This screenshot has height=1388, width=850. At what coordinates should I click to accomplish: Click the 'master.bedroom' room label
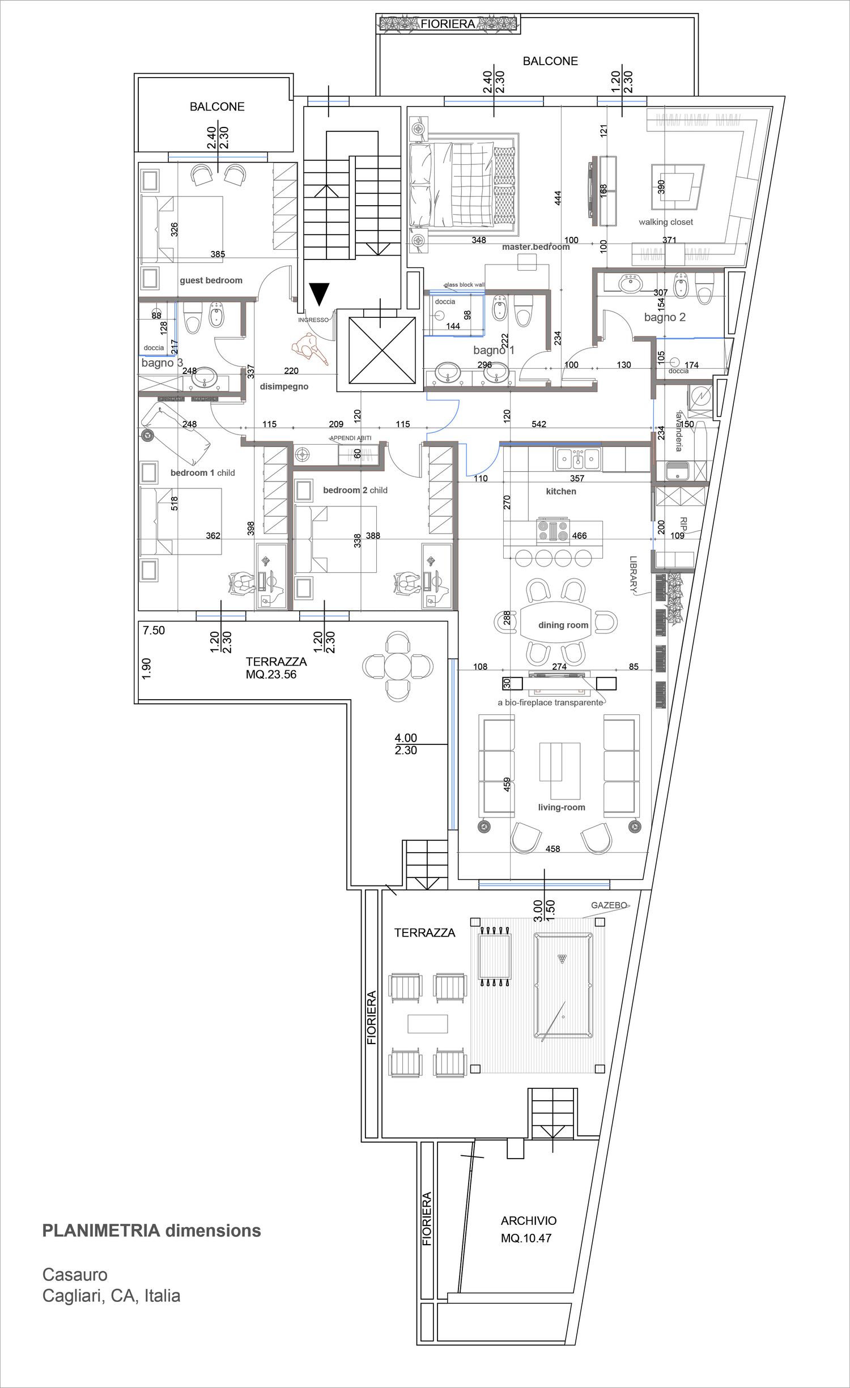coord(535,247)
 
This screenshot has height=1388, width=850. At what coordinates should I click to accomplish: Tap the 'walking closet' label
coord(665,222)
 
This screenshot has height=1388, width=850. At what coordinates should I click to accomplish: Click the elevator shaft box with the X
coord(382,350)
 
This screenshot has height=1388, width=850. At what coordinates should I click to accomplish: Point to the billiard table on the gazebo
coord(563,986)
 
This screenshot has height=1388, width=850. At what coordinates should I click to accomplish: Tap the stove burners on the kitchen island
coord(552,531)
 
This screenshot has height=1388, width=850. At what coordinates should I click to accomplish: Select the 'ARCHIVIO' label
coord(528,1221)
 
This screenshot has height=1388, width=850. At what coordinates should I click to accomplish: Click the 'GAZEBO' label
coord(609,905)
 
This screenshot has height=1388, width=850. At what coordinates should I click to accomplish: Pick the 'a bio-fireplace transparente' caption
coord(550,702)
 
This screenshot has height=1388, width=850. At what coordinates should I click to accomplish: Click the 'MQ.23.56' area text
coord(271,675)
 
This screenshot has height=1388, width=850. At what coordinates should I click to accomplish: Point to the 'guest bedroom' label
coord(211,280)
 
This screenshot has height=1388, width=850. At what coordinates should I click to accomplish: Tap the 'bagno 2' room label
coord(665,317)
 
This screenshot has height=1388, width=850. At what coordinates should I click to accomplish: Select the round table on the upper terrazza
coord(398,666)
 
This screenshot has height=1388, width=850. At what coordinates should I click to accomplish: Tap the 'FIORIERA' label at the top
coord(448,24)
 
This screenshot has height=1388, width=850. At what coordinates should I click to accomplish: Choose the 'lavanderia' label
coord(679,431)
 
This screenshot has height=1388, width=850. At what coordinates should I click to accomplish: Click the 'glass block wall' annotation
coord(464,285)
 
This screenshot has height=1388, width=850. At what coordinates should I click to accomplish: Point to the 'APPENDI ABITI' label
coord(351,438)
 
